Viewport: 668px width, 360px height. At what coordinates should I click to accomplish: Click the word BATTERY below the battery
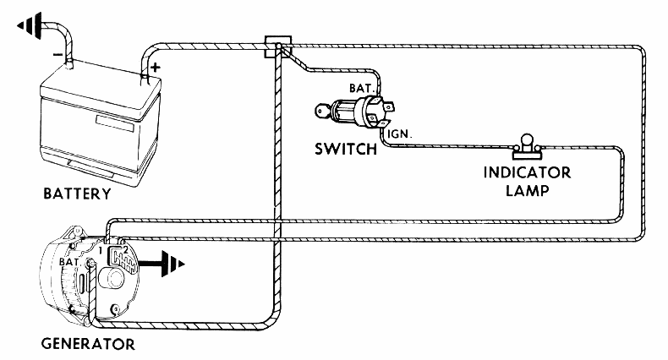pos(77,194)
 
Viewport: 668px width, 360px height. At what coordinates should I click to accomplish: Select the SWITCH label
pos(344,150)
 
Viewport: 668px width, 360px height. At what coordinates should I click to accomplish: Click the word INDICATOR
pos(527,173)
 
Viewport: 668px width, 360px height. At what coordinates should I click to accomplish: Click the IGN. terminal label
pos(401,134)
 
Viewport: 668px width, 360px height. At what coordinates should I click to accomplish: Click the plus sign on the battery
pos(155,65)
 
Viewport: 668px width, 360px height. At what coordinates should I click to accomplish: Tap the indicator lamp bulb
pos(525,139)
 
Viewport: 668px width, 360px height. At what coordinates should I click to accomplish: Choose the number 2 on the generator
pos(125,251)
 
